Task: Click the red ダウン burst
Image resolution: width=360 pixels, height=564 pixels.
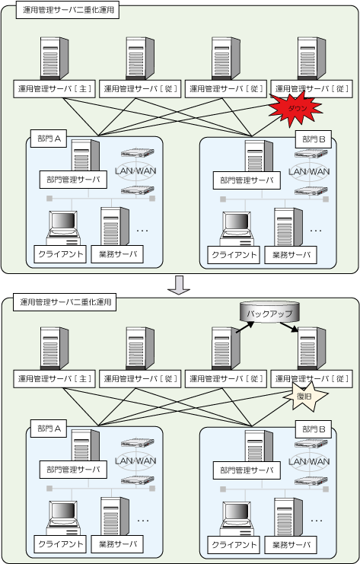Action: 295,109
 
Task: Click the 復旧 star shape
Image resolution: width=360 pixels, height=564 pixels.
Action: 305,396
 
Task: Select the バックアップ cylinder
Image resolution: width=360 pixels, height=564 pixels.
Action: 269,312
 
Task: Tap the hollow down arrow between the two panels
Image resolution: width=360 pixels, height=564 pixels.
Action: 179,285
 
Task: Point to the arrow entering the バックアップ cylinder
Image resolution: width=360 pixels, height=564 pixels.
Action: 245,327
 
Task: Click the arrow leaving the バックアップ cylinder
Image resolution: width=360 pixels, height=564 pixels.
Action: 289,327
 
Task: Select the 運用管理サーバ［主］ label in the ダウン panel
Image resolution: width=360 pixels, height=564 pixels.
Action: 54,88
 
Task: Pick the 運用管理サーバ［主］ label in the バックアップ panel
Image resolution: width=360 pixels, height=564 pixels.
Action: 54,379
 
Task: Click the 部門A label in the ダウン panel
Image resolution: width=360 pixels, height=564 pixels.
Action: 49,139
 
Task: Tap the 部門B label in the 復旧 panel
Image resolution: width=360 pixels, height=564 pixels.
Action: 314,429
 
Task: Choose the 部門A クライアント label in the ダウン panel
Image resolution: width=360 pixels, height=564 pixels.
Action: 60,254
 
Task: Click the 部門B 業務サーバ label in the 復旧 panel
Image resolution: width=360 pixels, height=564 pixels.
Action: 291,545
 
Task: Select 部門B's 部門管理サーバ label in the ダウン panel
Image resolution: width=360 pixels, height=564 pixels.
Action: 247,180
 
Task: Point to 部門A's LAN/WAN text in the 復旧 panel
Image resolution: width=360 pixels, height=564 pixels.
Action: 135,460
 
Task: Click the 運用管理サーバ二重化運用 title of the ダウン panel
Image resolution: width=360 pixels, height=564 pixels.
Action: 68,10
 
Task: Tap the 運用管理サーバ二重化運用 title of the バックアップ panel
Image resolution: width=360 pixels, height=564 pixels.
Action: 65,302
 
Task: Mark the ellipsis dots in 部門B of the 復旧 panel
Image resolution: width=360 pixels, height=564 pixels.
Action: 316,521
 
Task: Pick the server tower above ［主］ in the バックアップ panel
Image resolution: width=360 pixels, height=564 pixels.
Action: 54,349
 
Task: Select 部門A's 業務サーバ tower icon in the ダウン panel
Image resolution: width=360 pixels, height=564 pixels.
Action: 115,226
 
